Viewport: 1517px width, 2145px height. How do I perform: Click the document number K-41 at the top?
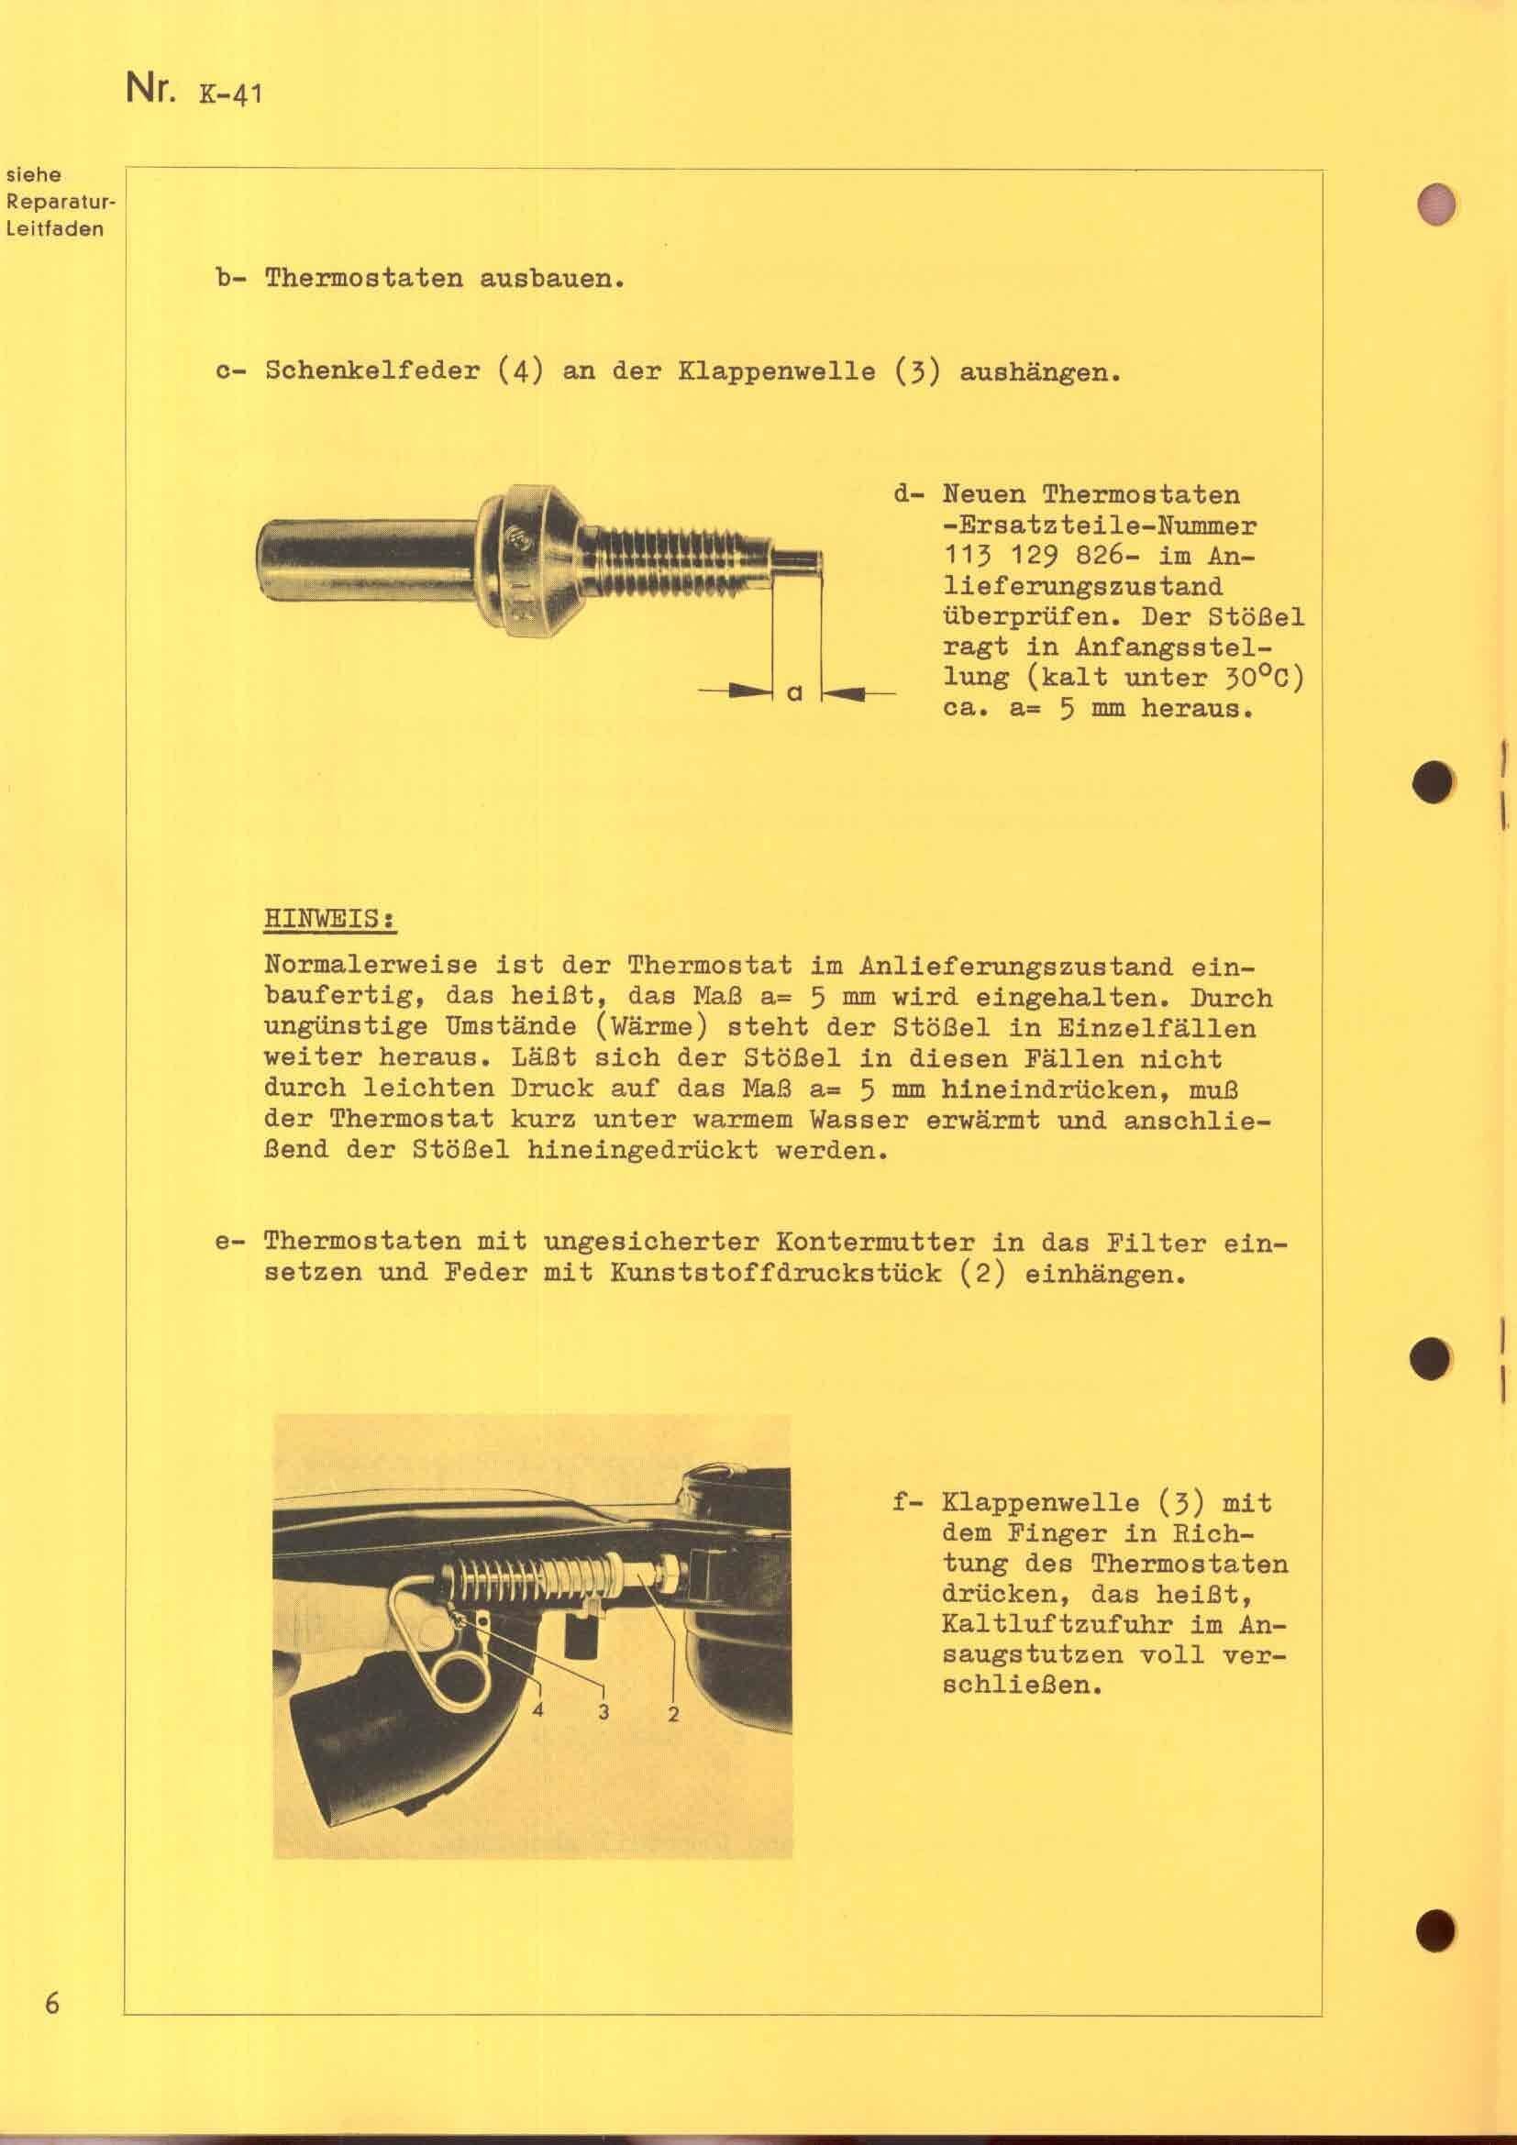coord(230,94)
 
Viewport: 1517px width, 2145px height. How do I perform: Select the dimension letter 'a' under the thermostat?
coord(795,692)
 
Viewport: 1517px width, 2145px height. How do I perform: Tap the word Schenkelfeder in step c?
coord(371,370)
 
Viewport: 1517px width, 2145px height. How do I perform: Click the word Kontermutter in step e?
coord(874,1243)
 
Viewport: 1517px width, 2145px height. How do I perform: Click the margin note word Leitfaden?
coord(55,229)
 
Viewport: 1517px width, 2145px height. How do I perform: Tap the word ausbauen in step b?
coord(551,279)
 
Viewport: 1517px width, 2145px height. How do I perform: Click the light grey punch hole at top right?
coord(1434,204)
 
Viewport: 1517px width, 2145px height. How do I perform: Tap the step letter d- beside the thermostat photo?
coord(910,494)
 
